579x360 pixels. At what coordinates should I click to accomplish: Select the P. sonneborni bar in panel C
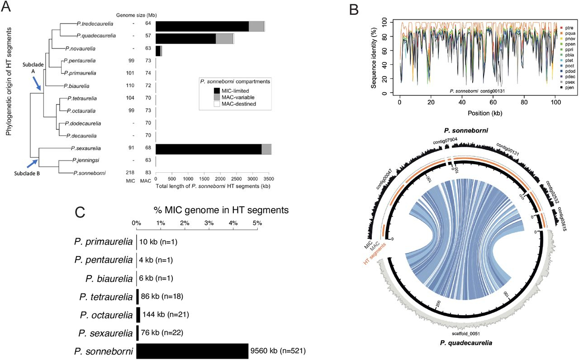[x=192, y=351]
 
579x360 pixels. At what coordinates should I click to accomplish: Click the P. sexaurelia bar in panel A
[x=208, y=149]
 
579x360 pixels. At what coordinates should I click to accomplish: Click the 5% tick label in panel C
[x=257, y=223]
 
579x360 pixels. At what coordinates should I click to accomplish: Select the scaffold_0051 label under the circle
[x=465, y=334]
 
